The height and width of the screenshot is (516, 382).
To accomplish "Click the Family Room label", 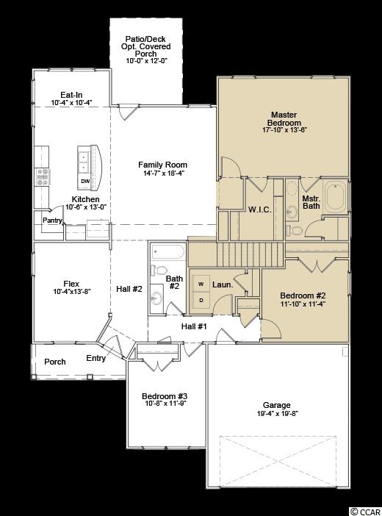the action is click(x=162, y=165).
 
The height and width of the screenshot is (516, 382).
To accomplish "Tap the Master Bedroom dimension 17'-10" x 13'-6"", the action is click(x=284, y=129).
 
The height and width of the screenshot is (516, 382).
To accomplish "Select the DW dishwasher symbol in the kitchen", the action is click(x=85, y=181).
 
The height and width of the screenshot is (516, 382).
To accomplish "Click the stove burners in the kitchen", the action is click(x=43, y=177).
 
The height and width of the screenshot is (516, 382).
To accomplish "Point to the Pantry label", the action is click(x=52, y=221).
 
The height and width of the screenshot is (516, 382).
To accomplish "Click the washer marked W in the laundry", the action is click(x=201, y=284).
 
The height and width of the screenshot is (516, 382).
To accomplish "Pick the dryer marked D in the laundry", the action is click(x=201, y=300).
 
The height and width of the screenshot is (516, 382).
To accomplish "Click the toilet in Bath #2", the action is click(x=159, y=270).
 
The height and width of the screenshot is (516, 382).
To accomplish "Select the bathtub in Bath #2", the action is click(x=167, y=252).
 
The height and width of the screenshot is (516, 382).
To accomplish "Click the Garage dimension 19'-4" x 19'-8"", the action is click(x=278, y=414).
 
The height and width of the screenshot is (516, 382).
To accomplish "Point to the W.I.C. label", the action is click(x=260, y=209).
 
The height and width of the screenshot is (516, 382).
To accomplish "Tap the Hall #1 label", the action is click(x=194, y=326).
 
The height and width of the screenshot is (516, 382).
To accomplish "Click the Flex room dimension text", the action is click(x=71, y=291).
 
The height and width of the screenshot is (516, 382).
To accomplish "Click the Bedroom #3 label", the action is click(x=165, y=396).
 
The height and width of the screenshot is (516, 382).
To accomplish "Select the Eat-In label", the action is click(x=71, y=95).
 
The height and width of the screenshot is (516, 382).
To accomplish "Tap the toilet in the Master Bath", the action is click(x=294, y=230).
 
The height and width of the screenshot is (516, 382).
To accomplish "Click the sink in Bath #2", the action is click(x=156, y=298).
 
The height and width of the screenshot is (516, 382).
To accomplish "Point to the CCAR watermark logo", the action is click(x=366, y=511).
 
